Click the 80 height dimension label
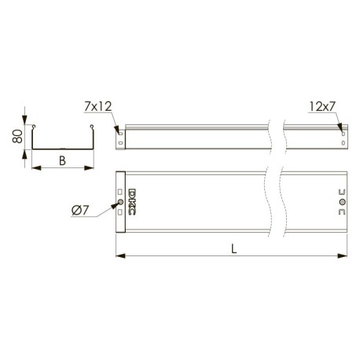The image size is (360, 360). point(17,136)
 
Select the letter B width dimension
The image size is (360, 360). point(62,160)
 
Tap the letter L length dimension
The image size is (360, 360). point(234,249)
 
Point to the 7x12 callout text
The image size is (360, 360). point(98,106)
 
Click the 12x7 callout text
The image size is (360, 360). point(322,106)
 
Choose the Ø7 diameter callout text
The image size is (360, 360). point(80,211)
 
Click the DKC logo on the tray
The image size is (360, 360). point(132,202)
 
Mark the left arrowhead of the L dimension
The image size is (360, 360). point(120,255)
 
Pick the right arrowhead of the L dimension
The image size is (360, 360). point(343,255)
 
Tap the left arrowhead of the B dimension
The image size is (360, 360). point(36,167)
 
